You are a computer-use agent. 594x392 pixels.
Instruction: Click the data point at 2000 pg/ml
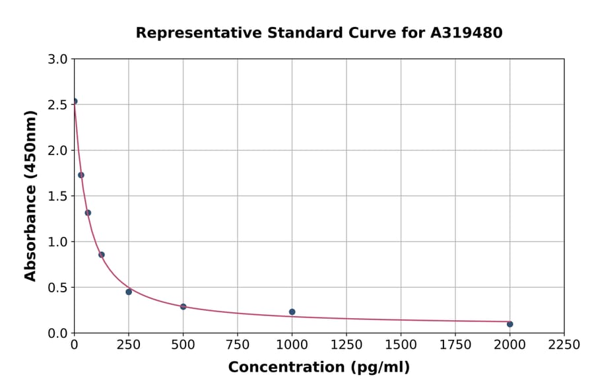[x=510, y=324]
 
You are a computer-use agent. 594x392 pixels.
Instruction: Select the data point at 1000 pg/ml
[x=292, y=312]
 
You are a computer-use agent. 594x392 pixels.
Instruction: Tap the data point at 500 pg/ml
[x=183, y=307]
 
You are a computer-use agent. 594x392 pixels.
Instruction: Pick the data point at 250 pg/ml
[x=129, y=292]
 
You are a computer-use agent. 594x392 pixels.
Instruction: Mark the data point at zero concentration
[x=75, y=102]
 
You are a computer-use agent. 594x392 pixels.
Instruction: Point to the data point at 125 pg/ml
[x=102, y=255]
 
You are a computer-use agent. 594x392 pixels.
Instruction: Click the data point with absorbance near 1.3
[x=88, y=212]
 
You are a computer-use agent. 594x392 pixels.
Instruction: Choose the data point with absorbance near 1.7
[x=81, y=175]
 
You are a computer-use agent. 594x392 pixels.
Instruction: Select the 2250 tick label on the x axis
[x=564, y=344]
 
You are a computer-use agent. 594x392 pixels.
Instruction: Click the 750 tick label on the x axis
[x=237, y=344]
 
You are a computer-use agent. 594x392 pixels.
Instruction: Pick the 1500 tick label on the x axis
[x=401, y=344]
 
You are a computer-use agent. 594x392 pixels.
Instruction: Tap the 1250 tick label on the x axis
[x=346, y=344]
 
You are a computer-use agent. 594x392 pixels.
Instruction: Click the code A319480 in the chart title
[x=467, y=32]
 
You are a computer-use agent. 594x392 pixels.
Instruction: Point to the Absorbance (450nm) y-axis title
[x=30, y=195]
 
